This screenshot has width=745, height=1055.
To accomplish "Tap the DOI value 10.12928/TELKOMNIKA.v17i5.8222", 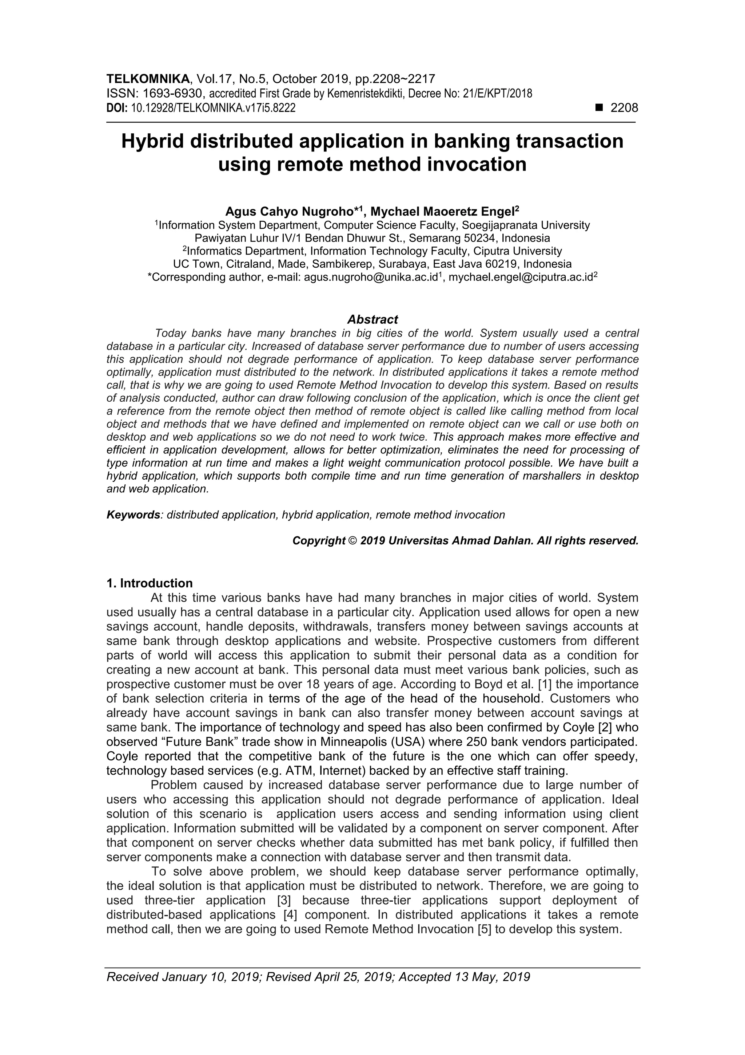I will pyautogui.click(x=213, y=109).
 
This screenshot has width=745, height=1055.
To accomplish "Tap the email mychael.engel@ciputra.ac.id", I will pyautogui.click(x=519, y=277).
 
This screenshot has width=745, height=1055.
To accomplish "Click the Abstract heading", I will pyautogui.click(x=372, y=319).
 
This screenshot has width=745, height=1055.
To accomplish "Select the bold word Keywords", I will pyautogui.click(x=133, y=515).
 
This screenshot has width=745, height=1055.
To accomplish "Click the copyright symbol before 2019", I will pyautogui.click(x=352, y=541).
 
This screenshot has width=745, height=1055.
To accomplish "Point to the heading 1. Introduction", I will pyautogui.click(x=150, y=583).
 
